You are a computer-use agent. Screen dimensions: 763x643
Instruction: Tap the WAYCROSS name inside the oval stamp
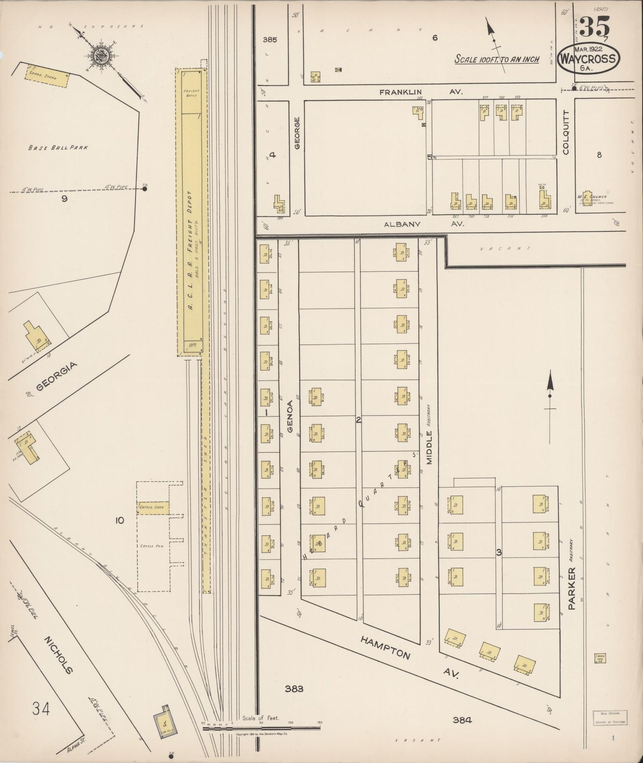(589, 59)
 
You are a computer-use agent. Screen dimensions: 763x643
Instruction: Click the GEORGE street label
(297, 133)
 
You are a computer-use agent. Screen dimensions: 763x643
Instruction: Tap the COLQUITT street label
(566, 133)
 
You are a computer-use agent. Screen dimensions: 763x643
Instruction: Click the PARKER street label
(571, 588)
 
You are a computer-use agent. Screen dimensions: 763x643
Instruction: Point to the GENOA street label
(290, 417)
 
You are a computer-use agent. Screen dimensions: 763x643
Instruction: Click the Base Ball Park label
(58, 148)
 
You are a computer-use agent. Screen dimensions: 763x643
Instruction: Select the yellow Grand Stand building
(47, 77)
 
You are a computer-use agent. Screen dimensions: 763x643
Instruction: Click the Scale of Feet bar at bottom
(261, 728)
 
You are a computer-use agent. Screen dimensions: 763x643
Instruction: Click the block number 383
(294, 689)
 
